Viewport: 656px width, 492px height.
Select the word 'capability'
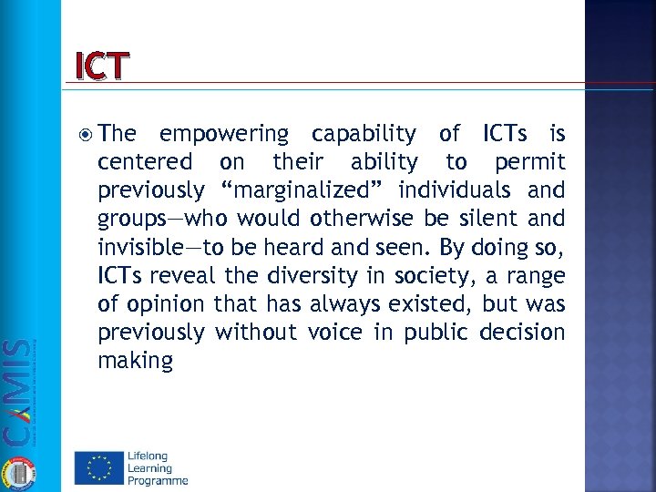click(x=362, y=136)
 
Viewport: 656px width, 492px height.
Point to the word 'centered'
click(x=144, y=163)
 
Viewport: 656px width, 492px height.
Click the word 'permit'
click(x=529, y=163)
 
